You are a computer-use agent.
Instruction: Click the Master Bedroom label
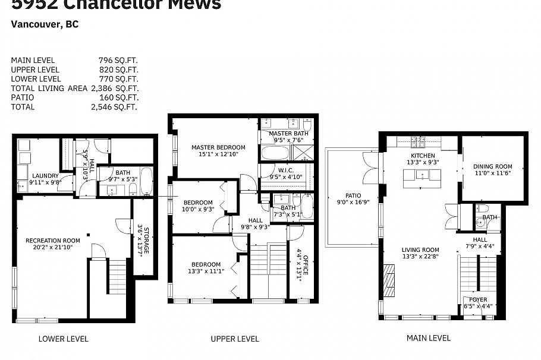[x=218, y=147]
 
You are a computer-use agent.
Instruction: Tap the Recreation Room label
[x=52, y=241]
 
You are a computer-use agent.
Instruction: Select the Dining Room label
[x=492, y=167]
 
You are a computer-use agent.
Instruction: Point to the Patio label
[x=353, y=195]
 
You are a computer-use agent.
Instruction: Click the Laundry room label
[x=45, y=176]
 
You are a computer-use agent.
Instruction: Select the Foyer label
[x=478, y=299]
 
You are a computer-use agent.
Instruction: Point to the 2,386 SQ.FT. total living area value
[x=115, y=88]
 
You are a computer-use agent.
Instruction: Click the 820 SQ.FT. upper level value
[x=118, y=69]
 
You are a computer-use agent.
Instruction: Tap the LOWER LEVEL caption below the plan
[x=63, y=339]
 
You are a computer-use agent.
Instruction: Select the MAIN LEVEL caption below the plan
[x=428, y=337]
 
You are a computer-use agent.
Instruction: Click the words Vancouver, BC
[x=45, y=25]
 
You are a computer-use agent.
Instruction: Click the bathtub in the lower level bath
[x=146, y=182]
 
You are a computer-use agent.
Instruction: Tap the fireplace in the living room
[x=389, y=279]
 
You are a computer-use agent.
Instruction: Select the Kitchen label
[x=423, y=156]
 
